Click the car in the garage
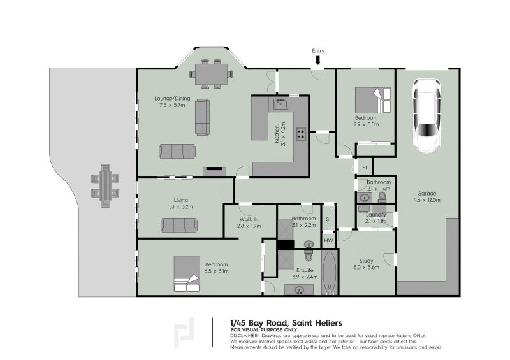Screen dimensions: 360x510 click(426, 115)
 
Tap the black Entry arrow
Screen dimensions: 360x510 click(318, 60)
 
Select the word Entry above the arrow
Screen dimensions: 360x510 click(318, 50)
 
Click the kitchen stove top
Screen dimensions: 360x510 click(300, 134)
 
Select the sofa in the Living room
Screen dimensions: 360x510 click(178, 225)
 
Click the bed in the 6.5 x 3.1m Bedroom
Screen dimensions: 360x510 click(186, 274)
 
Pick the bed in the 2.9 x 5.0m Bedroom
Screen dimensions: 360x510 click(373, 100)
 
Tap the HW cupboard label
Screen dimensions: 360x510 click(328, 240)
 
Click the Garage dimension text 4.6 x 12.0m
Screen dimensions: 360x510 click(428, 200)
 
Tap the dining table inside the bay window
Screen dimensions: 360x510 click(210, 74)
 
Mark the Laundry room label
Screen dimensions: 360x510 click(376, 215)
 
